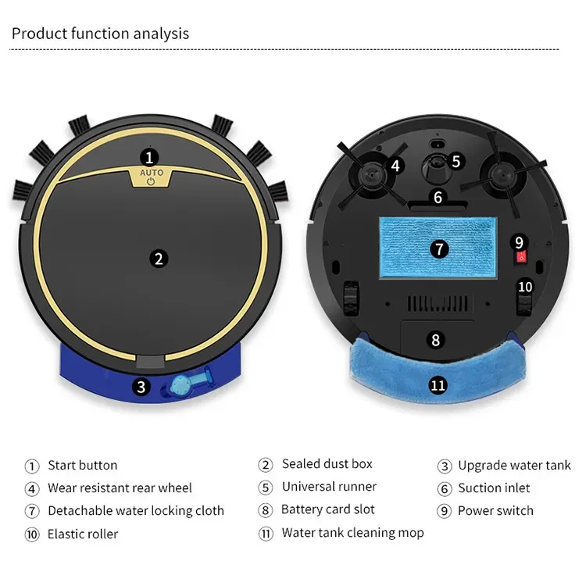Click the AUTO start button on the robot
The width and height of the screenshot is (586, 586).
coord(151,175)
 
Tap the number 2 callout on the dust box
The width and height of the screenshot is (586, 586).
coord(159,259)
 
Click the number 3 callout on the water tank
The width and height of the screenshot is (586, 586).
coord(141,385)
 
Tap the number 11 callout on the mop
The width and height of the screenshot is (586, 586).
coord(438,384)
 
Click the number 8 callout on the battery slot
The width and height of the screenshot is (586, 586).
coord(436,340)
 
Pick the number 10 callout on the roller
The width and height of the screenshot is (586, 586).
coord(525,287)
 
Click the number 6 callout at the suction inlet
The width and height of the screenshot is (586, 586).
coord(438,197)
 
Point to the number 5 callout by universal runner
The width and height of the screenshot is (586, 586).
coord(456,161)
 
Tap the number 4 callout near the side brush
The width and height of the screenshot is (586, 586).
coord(395,166)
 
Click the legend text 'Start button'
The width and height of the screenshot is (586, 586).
coord(82,466)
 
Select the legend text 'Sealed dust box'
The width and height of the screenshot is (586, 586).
coord(327,464)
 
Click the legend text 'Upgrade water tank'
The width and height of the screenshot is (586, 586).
coord(514,466)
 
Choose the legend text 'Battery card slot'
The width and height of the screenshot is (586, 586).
coord(328,509)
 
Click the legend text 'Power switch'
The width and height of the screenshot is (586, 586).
coord(495,511)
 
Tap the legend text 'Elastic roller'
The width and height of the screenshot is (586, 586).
coord(83,534)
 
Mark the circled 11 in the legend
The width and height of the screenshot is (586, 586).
coord(266,534)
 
